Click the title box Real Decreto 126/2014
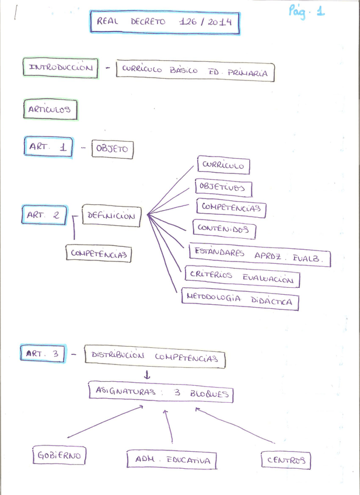tap(164, 23)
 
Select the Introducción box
tap(61, 68)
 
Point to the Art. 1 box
tap(48, 147)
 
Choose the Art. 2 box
tap(44, 215)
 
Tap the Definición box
tap(111, 216)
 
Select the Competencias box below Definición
tap(98, 254)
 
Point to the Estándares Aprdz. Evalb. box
tap(260, 256)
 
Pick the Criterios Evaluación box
tap(242, 277)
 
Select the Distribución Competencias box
tap(155, 356)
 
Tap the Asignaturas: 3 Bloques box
tap(160, 392)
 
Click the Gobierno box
tap(58, 455)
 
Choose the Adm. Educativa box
tap(172, 460)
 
